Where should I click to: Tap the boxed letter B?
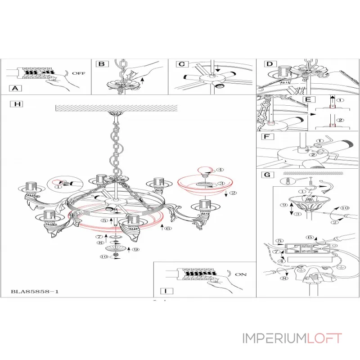tap(102, 64)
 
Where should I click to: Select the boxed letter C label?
tap(181, 64)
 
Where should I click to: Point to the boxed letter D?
tap(269, 64)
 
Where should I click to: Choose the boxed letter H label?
tap(18, 104)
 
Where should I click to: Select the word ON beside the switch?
tap(241, 274)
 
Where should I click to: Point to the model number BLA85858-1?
tap(35, 292)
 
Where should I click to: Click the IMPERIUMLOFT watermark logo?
tap(292, 338)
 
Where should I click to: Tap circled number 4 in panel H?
tap(220, 170)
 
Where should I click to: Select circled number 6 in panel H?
tap(167, 228)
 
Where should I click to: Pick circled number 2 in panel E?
tap(340, 120)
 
